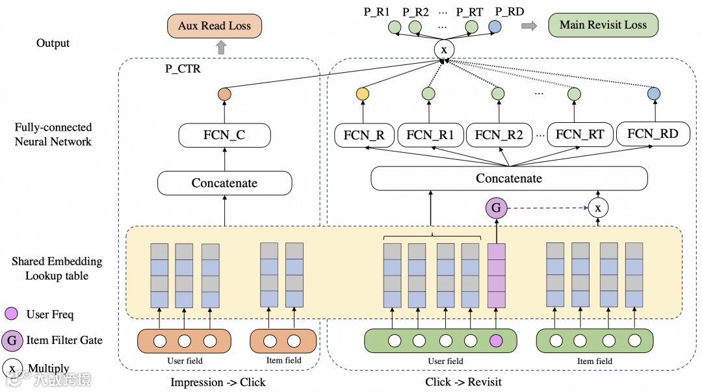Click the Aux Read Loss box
(x=214, y=27)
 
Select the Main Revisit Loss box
(x=603, y=25)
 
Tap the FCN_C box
(x=224, y=136)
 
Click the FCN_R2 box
(x=499, y=135)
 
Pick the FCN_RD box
(x=653, y=134)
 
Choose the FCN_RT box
(x=580, y=135)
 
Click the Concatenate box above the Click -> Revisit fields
(x=509, y=178)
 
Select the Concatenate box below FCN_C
(x=224, y=183)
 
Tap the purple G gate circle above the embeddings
(x=496, y=208)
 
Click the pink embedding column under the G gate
(x=496, y=275)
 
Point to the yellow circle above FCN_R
(x=362, y=94)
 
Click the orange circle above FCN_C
(x=224, y=94)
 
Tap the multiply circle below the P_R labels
(x=445, y=49)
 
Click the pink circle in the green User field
(x=496, y=341)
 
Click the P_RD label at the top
(x=509, y=12)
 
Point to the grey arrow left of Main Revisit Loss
(x=530, y=26)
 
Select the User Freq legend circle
(x=12, y=314)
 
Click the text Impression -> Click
(x=218, y=382)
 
